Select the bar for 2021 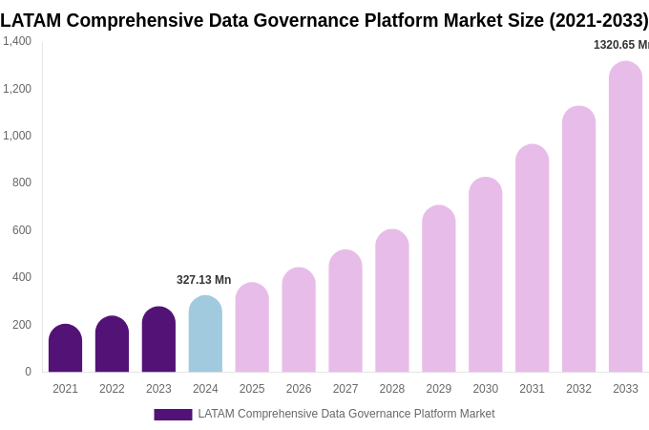click(65, 349)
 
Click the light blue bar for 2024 click(205, 334)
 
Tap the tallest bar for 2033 click(625, 217)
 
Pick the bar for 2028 click(391, 301)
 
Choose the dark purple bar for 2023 click(158, 340)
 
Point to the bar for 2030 click(485, 275)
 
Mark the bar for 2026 click(299, 320)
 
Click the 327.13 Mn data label click(203, 280)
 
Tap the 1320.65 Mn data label click(620, 45)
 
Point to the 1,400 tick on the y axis click(17, 41)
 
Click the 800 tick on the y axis click(21, 183)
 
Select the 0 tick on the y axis click(28, 372)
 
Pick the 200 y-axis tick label click(21, 325)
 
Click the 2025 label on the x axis click(252, 389)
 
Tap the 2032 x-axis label click(578, 389)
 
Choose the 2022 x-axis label click(112, 389)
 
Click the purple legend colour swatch click(173, 415)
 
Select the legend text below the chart click(345, 414)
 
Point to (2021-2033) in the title click(598, 20)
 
